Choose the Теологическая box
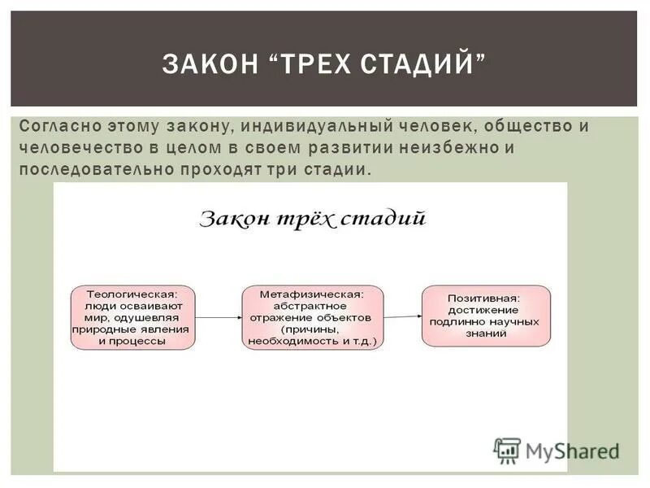(x=132, y=317)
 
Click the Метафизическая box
(x=312, y=317)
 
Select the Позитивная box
(x=485, y=316)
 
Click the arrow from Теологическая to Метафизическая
(x=218, y=317)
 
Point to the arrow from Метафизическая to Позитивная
(x=401, y=316)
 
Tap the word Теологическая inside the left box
(x=132, y=294)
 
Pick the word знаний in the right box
(x=485, y=333)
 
